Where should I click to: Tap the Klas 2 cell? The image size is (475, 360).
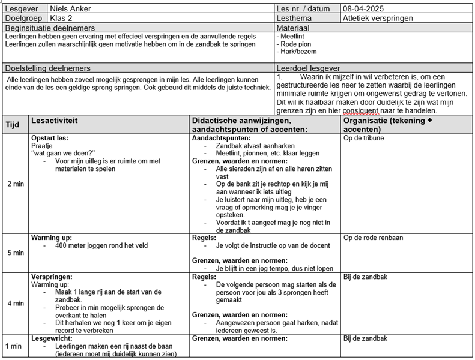coord(61,19)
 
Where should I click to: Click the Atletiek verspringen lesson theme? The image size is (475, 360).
coord(378,19)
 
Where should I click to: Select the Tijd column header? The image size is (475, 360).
coord(13,125)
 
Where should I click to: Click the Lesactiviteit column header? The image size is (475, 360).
coord(54,121)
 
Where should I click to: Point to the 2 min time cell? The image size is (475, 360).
coord(15,184)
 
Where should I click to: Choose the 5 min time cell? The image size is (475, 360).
coord(15,253)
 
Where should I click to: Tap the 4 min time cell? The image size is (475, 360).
coord(15,303)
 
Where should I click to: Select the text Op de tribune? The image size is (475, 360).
coord(364,138)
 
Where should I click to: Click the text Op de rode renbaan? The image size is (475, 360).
coord(373,238)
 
